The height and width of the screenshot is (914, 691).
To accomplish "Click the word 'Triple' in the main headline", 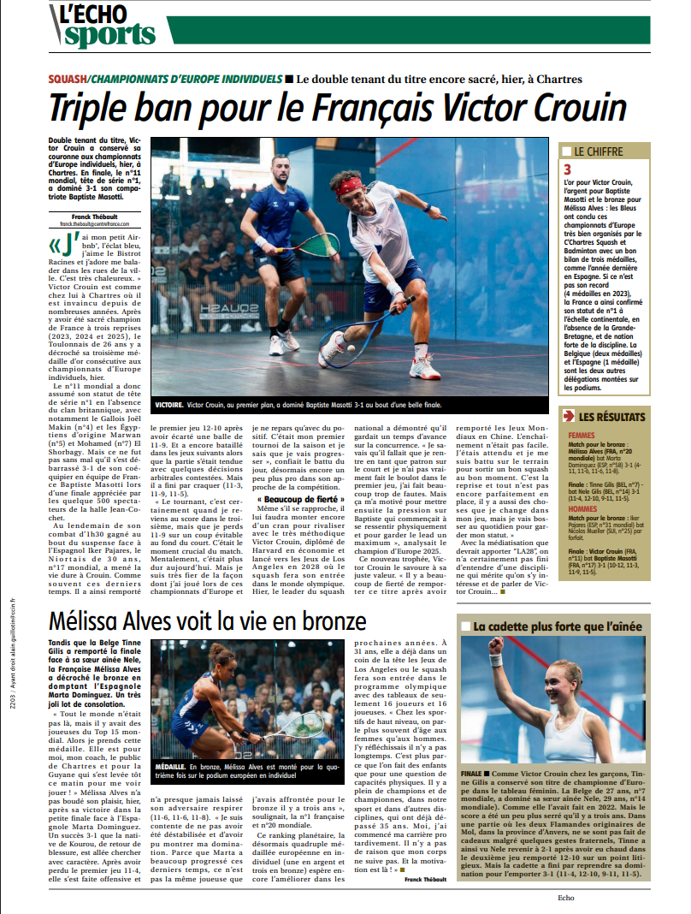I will pos(91,109).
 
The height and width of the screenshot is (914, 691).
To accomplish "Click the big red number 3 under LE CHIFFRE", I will pos(567,170).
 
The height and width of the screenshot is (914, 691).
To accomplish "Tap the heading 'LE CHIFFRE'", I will pos(599,151).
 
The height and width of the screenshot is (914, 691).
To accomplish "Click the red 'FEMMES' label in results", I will pos(581,436).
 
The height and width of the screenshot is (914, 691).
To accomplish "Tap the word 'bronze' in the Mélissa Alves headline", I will pos(323,621).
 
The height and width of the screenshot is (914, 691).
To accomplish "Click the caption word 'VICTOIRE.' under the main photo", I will pos(168,403).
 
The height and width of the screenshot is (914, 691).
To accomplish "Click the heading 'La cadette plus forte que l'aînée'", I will pos(557,626).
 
